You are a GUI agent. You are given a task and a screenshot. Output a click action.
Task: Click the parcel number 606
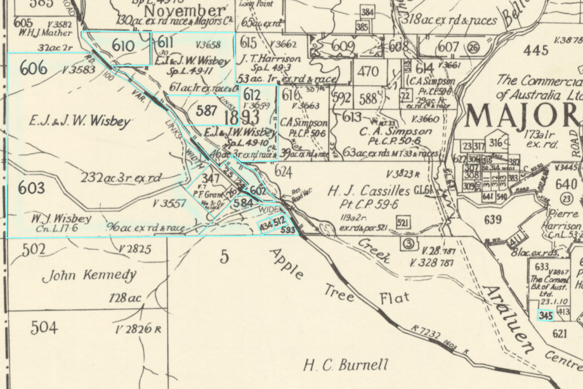click(33, 68)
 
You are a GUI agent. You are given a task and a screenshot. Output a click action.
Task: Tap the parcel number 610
click(124, 46)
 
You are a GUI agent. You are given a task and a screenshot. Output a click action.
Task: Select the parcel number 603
click(31, 187)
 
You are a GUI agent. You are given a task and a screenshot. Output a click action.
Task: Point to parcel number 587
click(207, 110)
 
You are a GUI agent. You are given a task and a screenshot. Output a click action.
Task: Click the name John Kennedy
click(90, 276)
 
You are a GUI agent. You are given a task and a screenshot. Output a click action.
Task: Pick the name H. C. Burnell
click(346, 365)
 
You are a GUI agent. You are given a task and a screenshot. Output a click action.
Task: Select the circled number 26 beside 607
click(473, 47)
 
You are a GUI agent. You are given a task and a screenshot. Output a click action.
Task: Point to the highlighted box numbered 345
click(545, 315)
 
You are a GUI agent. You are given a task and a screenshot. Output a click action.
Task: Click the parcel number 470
click(368, 72)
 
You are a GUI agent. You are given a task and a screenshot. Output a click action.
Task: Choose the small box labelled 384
click(368, 12)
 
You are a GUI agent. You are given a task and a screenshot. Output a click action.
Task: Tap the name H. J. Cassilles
click(368, 190)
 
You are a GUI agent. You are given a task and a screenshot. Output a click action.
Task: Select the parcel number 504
click(44, 327)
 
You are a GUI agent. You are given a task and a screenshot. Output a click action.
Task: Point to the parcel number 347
click(211, 179)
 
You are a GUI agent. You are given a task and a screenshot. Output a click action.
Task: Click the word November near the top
click(184, 11)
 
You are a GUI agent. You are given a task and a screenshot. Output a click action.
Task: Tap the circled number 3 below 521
click(407, 244)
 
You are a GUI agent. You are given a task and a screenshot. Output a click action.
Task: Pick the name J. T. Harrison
click(270, 59)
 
